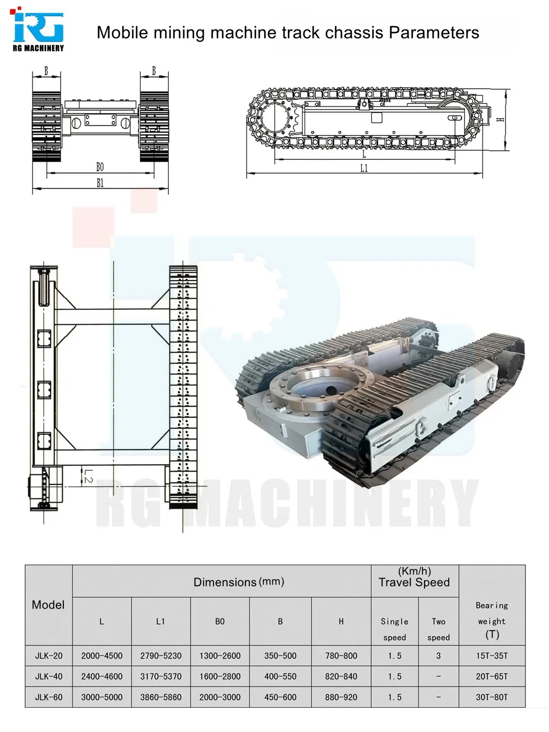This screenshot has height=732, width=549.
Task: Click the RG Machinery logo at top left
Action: point(38,29)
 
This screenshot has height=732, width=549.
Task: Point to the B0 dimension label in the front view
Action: point(100,167)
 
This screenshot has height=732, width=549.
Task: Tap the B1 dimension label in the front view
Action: point(100,183)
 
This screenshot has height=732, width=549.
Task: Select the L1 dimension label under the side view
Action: point(363,168)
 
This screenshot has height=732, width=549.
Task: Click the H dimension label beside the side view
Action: point(501,120)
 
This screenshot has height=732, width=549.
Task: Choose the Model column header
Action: point(48,605)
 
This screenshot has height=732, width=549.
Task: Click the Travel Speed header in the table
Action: point(414,582)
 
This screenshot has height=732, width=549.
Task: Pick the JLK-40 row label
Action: point(49,676)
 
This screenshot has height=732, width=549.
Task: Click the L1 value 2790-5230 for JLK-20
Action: point(161,655)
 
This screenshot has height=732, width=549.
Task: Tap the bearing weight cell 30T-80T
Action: point(492,697)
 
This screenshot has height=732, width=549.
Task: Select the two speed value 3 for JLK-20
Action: point(438,655)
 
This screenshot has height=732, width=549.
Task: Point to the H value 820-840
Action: point(341,676)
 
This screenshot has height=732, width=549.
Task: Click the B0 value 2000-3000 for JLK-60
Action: point(220,697)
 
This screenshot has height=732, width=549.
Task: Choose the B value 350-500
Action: point(280,655)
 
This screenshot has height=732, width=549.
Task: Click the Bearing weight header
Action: point(492,620)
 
